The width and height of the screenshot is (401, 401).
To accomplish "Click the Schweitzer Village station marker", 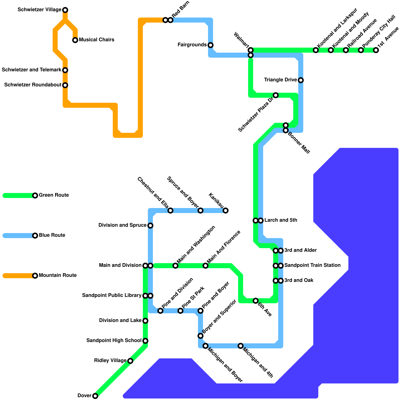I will [65, 10].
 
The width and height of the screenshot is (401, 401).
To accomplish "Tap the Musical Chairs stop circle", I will [75, 40].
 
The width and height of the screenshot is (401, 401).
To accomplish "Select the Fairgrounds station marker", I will [211, 45].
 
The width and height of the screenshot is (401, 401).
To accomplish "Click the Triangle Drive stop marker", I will [301, 80].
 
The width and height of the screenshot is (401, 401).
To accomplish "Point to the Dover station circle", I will [95, 396].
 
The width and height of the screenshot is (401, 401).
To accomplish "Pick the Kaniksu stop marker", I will [226, 211].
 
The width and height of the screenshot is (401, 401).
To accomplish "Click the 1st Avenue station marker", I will [376, 50].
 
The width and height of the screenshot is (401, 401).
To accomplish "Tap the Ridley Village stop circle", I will [130, 361].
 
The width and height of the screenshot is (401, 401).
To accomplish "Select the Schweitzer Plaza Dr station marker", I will [276, 95].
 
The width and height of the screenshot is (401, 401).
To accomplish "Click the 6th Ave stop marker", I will [256, 301].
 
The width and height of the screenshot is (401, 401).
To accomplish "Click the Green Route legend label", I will [54, 195].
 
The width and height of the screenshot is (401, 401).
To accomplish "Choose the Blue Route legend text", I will [52, 235].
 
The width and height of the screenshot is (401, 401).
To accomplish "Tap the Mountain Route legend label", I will [58, 275].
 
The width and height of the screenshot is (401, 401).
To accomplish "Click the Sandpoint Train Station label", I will [312, 265].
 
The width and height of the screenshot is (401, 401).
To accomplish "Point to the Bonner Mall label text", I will [299, 143].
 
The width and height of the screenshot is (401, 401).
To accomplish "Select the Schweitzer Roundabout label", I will [33, 85].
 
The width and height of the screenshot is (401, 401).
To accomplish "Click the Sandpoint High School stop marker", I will [145, 341].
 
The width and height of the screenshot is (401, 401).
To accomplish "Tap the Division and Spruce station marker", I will [150, 226].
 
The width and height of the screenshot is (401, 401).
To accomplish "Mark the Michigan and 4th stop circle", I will [241, 346].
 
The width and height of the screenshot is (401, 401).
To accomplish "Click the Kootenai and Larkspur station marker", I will [316, 50].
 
